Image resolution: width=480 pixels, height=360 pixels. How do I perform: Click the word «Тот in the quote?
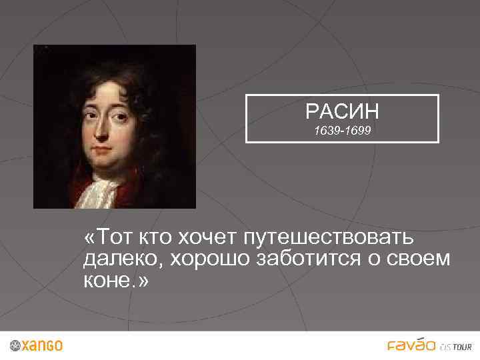click(107, 237)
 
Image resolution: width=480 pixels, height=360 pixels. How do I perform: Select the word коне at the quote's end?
click(107, 280)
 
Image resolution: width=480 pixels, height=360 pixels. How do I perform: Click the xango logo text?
click(42, 346)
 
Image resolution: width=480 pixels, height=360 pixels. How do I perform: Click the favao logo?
click(411, 345)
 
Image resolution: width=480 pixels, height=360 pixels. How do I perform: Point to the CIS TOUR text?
click(456, 347)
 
